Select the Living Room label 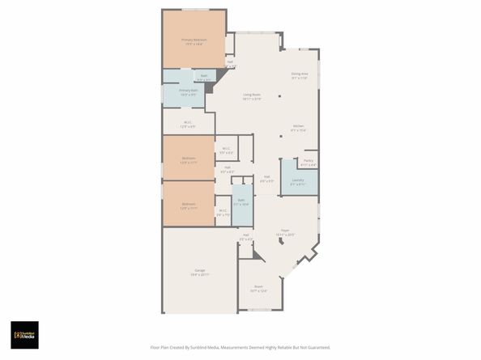[x=252, y=95]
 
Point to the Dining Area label [x=300, y=75]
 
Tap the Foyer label [x=285, y=231]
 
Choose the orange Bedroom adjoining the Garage [x=188, y=204]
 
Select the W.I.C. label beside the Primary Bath [x=187, y=124]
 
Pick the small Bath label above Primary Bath [x=203, y=77]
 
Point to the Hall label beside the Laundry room [x=266, y=179]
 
